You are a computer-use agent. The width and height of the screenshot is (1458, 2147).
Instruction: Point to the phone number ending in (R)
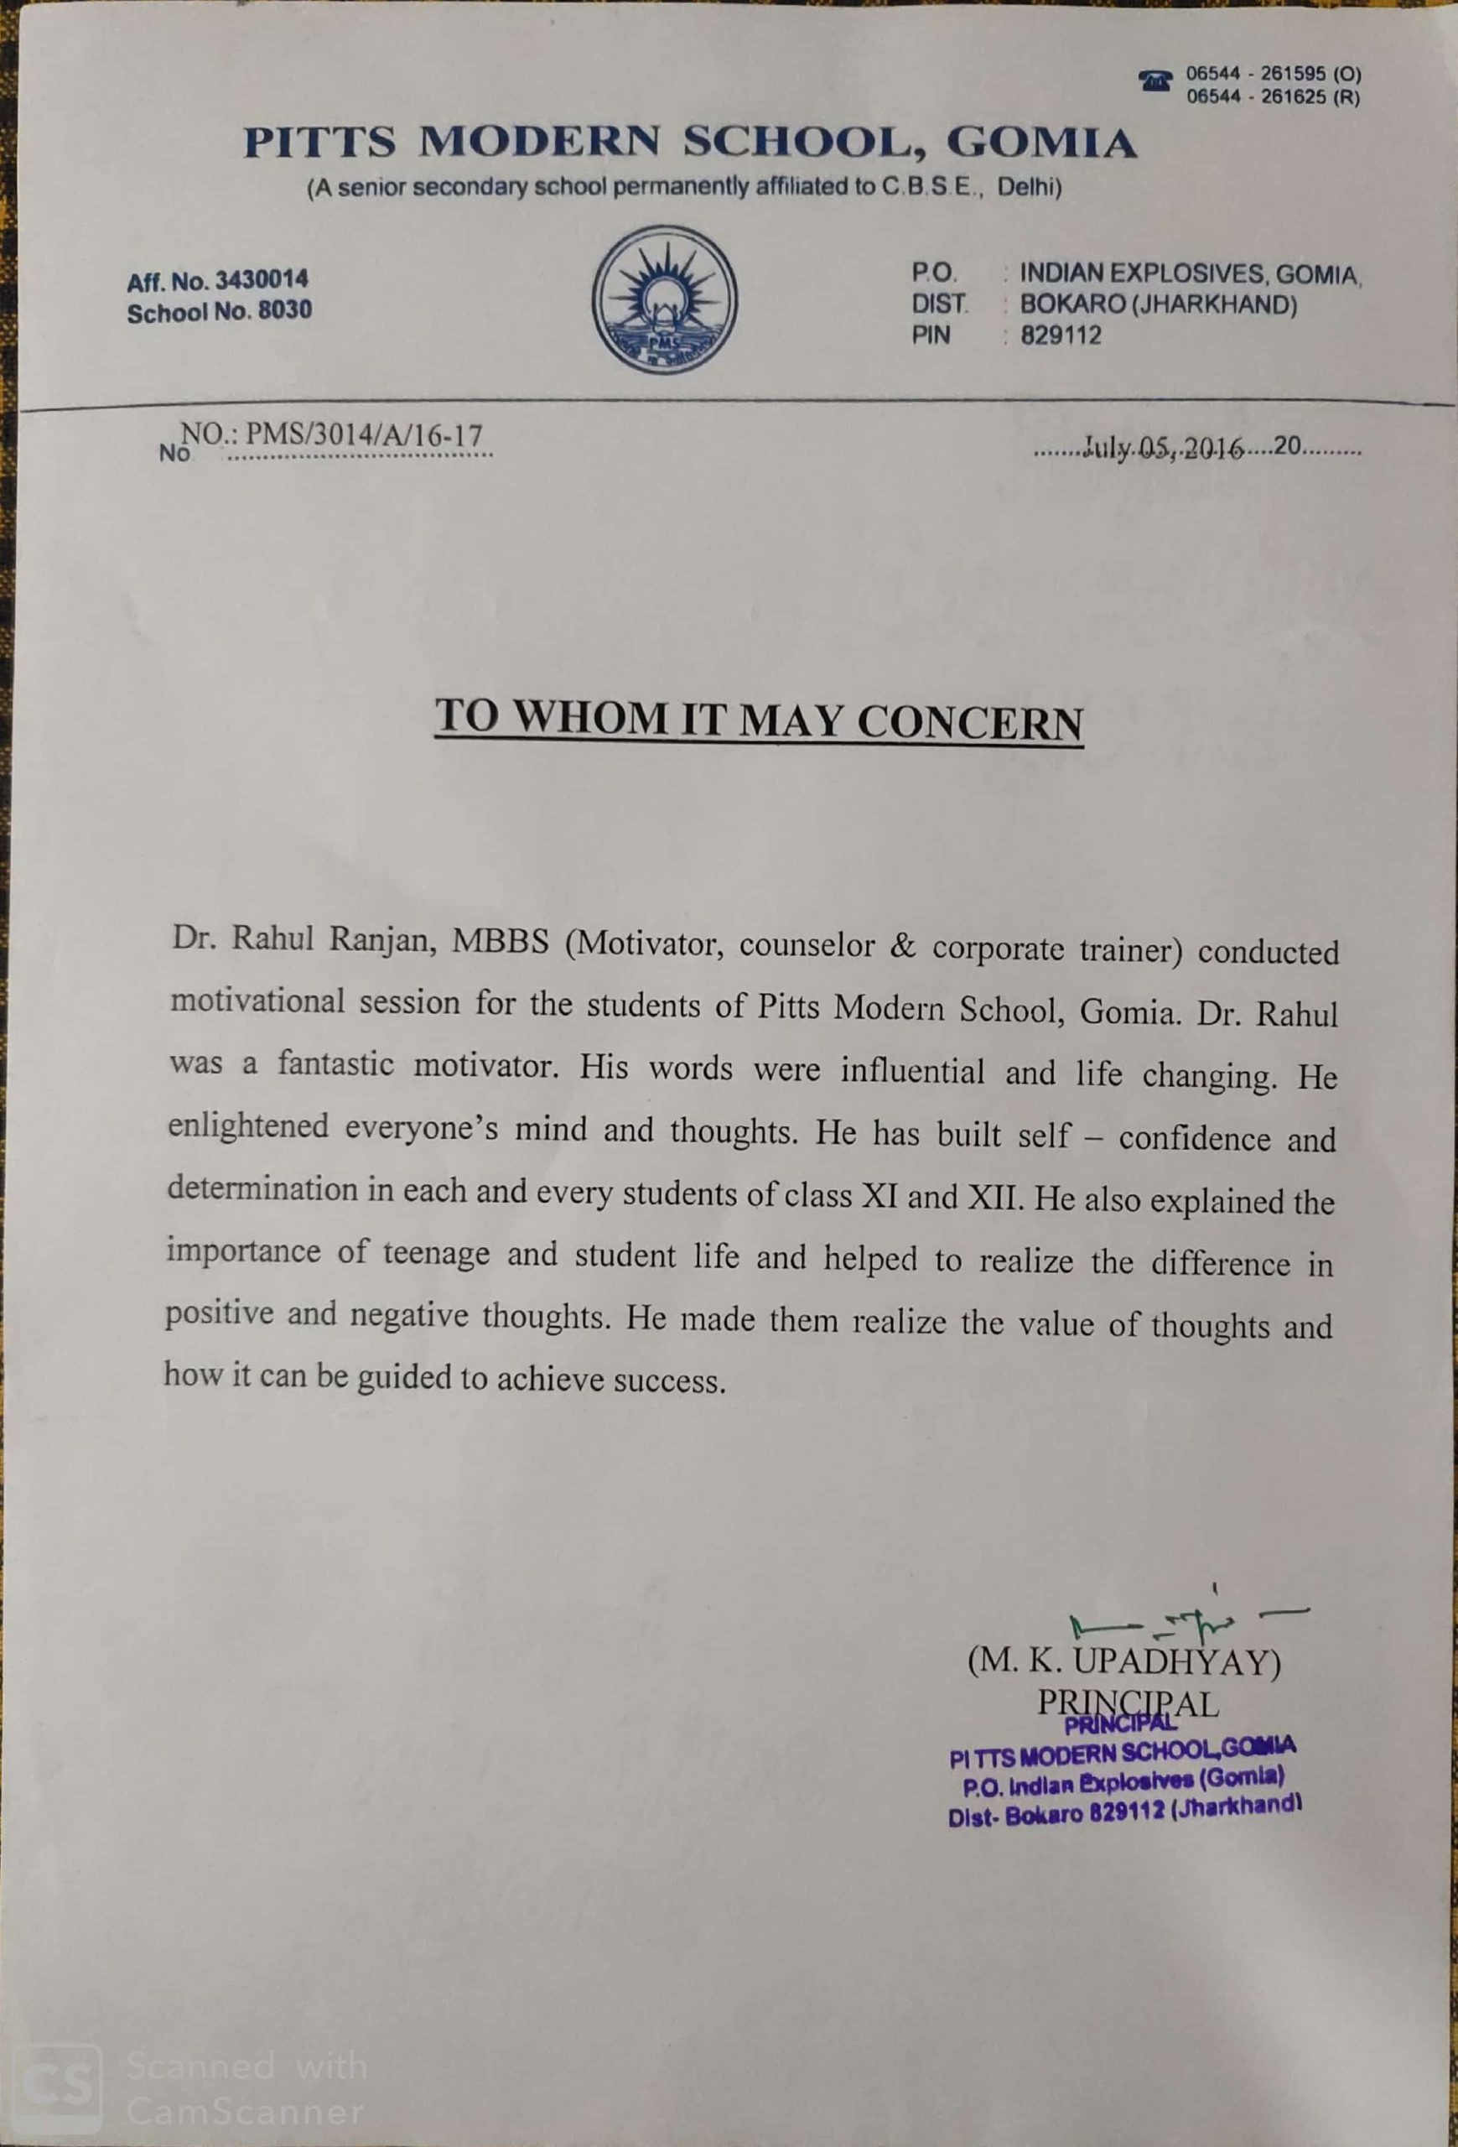(x=1274, y=96)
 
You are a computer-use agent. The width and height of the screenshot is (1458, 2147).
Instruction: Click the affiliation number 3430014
(x=262, y=279)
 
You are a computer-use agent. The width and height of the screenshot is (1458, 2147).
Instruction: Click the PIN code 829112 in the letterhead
(x=1061, y=335)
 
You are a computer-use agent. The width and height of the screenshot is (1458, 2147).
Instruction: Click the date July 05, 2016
(x=1165, y=449)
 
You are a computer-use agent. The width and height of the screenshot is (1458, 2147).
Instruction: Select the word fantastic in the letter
(x=336, y=1064)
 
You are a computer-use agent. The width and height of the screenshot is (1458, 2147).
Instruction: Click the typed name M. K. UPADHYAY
(x=1123, y=1663)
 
